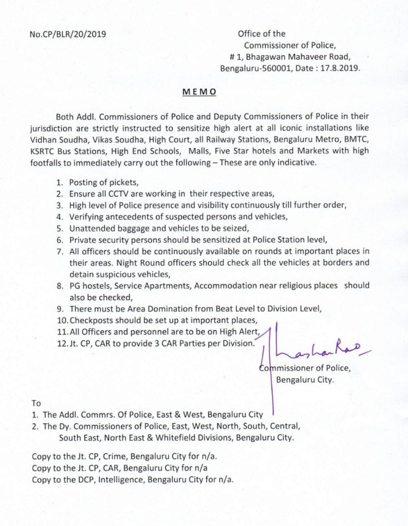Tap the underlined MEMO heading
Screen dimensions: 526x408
(x=199, y=92)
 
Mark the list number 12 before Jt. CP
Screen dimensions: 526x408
(x=62, y=344)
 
